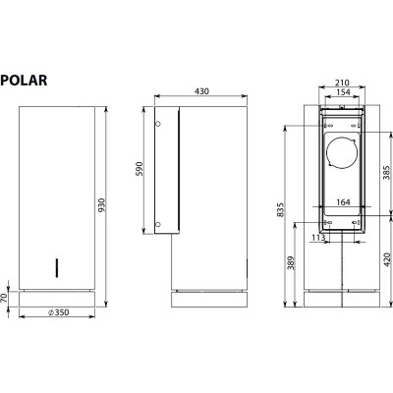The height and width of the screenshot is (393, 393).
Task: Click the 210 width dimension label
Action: pos(341,84)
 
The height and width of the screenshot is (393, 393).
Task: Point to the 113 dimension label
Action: pos(317,237)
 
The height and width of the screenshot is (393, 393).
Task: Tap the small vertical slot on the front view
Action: pos(57,265)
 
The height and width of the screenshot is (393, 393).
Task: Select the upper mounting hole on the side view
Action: pos(159,124)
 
